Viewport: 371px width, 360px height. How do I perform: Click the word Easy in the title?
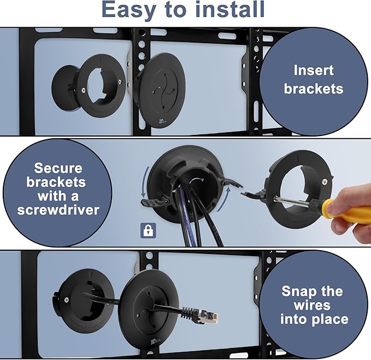pos(131,11)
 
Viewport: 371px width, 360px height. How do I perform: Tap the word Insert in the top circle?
pos(313,70)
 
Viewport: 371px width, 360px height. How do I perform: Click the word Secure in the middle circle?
pos(57,168)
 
